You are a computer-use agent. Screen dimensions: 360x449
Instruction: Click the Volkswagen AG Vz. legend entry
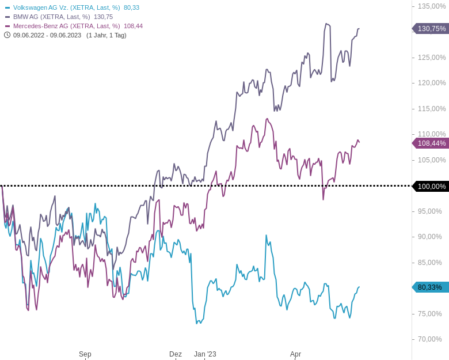(x=66, y=7)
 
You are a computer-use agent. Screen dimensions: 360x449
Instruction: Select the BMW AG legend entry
(x=51, y=17)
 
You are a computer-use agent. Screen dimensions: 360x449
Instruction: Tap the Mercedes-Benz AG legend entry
(x=66, y=26)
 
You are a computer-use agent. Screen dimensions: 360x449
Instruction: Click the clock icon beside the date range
(x=7, y=35)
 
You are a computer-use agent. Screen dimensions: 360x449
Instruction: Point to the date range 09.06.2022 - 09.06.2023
(x=47, y=35)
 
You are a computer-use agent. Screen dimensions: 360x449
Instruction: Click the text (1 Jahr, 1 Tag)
(x=106, y=35)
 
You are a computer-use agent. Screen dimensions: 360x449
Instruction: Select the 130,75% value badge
(x=431, y=29)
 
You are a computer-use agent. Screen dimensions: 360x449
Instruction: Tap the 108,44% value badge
(x=431, y=143)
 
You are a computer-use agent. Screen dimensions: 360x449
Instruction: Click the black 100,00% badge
(x=431, y=186)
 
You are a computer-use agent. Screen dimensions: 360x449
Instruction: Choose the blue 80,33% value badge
(x=431, y=287)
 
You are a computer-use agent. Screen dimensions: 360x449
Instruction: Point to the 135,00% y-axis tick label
(x=432, y=6)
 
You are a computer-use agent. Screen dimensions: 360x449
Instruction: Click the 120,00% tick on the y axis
(x=432, y=83)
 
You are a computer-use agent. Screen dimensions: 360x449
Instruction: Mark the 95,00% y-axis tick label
(x=430, y=211)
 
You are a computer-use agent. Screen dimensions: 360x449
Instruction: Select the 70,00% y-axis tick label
(x=430, y=339)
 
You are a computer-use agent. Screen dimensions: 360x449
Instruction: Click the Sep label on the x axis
(x=85, y=354)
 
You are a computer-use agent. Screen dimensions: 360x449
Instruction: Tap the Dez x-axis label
(x=176, y=354)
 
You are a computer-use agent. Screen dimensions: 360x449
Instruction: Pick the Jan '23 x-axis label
(x=205, y=354)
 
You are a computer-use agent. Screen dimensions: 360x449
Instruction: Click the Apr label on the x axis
(x=295, y=354)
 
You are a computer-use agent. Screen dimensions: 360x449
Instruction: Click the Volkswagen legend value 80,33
(x=131, y=7)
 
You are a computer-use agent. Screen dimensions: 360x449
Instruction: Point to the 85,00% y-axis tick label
(x=430, y=263)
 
